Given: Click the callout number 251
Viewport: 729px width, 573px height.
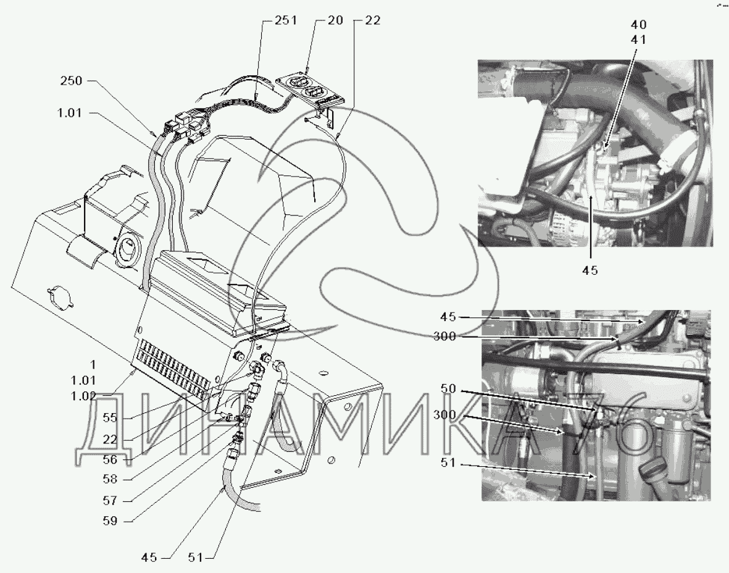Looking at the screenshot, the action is (285, 21).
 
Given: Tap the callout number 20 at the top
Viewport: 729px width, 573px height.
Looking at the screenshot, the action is (335, 20).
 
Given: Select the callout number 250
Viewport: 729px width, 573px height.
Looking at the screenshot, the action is (71, 81).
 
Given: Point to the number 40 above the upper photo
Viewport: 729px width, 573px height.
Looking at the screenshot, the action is (638, 25).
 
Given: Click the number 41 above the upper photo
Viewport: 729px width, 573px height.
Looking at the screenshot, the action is (638, 40).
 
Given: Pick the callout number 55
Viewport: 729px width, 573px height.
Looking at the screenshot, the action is (110, 417).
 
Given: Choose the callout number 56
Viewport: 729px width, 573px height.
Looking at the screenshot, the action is (110, 459).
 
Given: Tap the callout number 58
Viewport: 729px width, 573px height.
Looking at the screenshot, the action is (110, 479).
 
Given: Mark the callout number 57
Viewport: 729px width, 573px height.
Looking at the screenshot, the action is (110, 501).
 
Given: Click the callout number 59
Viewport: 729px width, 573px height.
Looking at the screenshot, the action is (110, 521).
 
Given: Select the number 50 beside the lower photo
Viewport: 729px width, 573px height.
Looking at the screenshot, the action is (448, 389).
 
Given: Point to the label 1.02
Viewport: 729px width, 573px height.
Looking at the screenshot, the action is (84, 396).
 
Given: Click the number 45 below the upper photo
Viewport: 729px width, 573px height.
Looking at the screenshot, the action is (590, 270).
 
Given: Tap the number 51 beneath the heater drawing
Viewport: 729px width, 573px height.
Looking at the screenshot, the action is (196, 557).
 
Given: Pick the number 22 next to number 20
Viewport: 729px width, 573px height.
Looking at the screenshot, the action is (373, 20).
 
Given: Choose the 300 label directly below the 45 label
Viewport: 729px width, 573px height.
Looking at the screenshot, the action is (444, 337).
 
